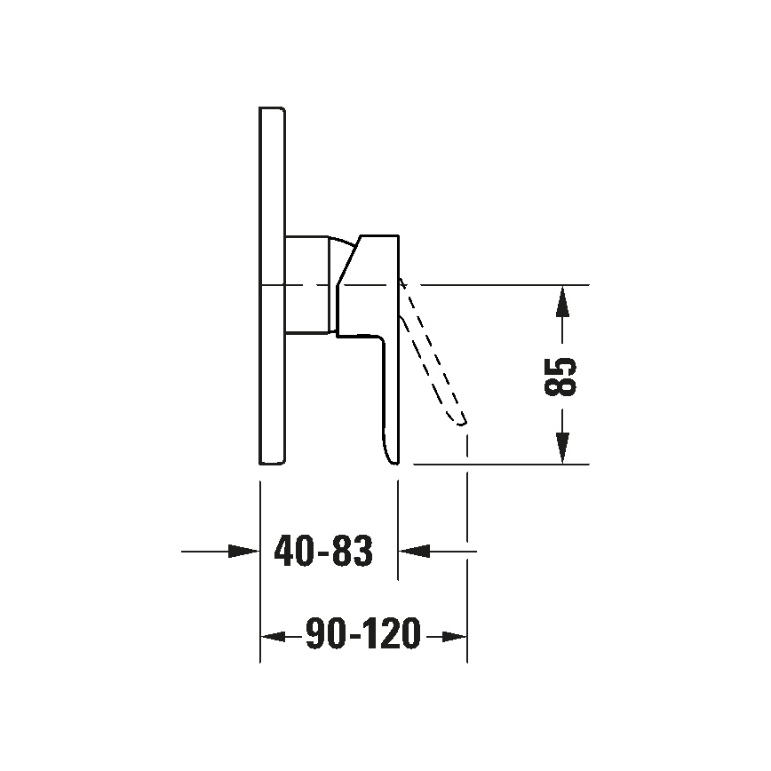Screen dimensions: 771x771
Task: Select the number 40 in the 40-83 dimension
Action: [294, 552]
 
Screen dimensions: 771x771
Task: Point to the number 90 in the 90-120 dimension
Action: [324, 635]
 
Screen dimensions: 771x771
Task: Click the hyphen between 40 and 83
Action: [322, 554]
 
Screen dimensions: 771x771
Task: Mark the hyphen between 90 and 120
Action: [353, 637]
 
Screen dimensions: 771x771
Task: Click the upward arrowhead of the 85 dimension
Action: [562, 302]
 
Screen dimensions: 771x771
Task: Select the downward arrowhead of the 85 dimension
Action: [562, 447]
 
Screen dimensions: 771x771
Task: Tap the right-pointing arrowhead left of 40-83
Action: [242, 552]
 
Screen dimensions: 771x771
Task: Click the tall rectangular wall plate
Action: [272, 285]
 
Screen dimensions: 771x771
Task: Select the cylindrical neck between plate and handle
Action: [307, 285]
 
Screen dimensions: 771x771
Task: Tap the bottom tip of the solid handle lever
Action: [391, 459]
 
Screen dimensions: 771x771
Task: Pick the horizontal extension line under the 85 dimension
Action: [497, 464]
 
